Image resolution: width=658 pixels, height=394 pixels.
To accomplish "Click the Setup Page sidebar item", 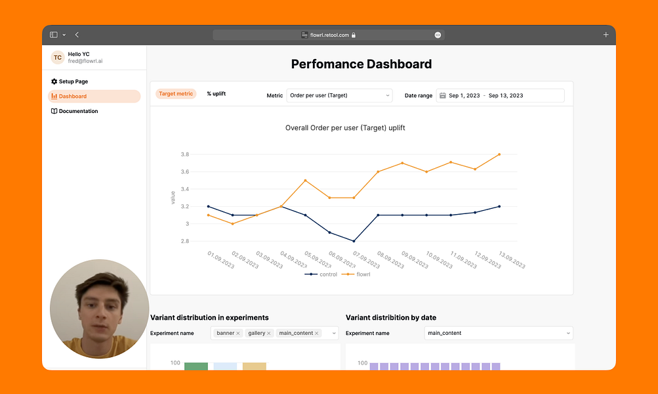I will [x=73, y=81].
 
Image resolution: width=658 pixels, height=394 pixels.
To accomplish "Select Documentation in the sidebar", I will [x=78, y=111].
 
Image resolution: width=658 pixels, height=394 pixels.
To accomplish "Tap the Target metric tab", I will [x=176, y=94].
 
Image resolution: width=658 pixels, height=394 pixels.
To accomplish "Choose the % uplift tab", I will [x=216, y=94].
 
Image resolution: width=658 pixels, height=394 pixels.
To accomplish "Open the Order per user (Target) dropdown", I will [x=339, y=95].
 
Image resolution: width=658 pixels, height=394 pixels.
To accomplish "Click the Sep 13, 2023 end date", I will [x=506, y=96].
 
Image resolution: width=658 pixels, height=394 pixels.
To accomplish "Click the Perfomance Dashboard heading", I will [x=361, y=64].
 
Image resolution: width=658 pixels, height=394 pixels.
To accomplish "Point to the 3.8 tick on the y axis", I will [x=185, y=155].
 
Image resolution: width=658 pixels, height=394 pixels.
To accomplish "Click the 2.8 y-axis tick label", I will [x=185, y=241].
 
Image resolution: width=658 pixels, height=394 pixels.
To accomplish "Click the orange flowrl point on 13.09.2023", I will [x=499, y=154].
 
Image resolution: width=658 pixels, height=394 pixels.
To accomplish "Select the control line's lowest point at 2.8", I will [x=354, y=241].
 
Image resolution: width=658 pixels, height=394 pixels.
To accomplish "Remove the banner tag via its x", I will [x=238, y=334].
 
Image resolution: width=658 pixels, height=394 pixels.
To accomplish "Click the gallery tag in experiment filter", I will [x=257, y=334].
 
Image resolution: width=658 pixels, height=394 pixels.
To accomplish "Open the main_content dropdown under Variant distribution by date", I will [x=499, y=333].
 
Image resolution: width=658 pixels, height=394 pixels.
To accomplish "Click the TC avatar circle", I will [x=58, y=58].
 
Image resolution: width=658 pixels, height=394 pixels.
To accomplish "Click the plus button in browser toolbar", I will [x=606, y=35].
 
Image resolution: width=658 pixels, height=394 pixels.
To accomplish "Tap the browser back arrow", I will [x=77, y=35].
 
